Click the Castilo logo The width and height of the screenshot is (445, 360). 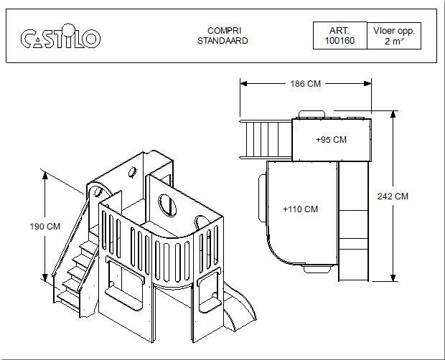coord(60,38)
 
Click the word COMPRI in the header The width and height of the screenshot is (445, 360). coord(222,31)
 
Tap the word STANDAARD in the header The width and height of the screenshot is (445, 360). coord(222,41)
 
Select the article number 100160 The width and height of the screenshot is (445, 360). coord(339,42)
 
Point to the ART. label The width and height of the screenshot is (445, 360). coord(339,32)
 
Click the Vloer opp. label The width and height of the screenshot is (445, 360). coord(393,32)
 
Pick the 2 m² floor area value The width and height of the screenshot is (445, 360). coord(393,42)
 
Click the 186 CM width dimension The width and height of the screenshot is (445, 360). coord(305,84)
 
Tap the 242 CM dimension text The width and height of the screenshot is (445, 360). coord(393,196)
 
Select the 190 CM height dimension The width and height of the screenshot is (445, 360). coord(44,227)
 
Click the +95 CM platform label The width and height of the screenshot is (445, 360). coord(331,140)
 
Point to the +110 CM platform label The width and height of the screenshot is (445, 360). coord(300,209)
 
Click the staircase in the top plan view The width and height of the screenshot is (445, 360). coord(266,139)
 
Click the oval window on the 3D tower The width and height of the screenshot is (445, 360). coord(166,204)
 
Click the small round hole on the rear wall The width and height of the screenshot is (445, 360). coord(132,172)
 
